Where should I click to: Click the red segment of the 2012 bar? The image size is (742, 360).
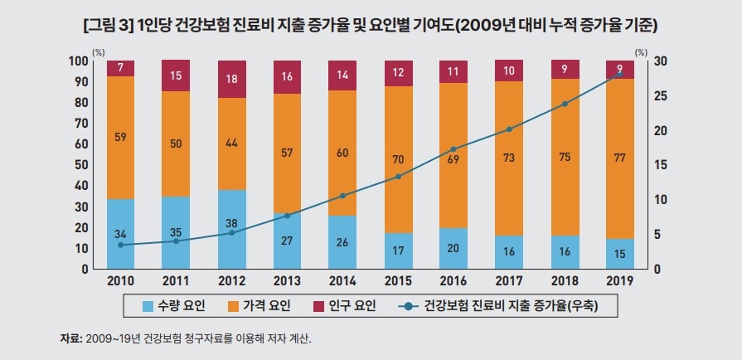point(231,79)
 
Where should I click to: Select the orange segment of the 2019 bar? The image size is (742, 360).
point(619,158)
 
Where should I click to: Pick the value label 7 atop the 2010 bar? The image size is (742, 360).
point(120,67)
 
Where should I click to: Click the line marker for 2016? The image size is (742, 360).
point(453,149)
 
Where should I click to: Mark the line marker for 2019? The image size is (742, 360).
point(619,74)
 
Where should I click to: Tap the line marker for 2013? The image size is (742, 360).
point(287,216)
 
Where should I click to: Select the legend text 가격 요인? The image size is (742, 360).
point(267,306)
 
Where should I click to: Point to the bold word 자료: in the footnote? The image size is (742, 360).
point(71,338)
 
